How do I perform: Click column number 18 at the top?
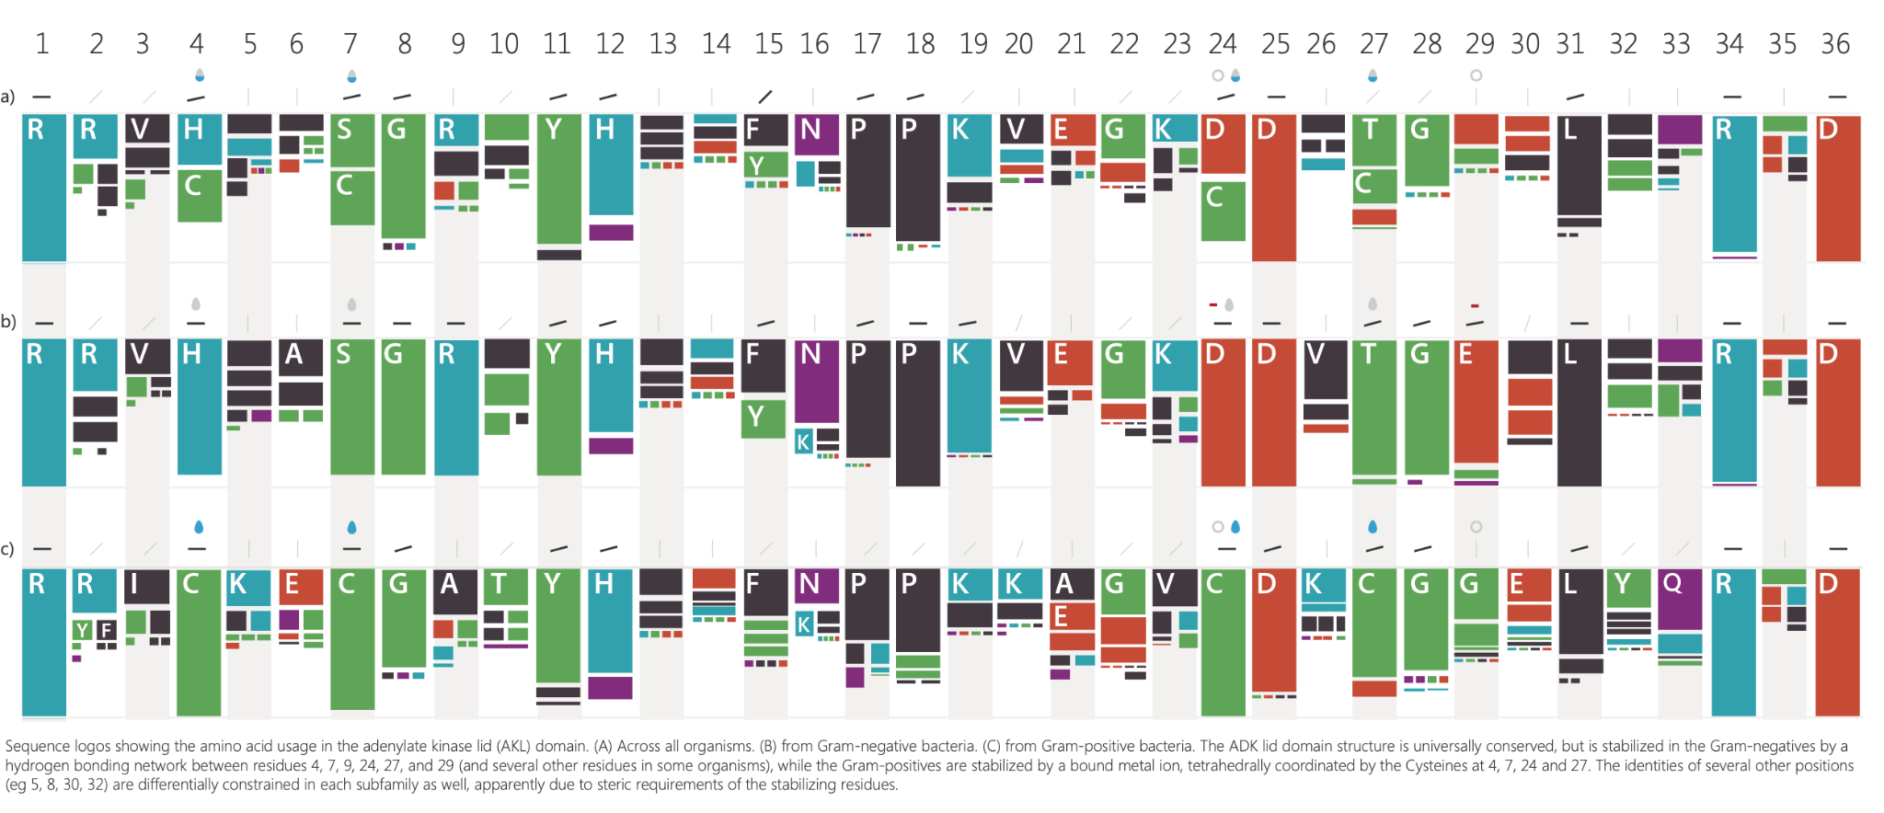coord(920,43)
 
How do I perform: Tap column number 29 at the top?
coord(1479,43)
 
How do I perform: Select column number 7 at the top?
coord(350,43)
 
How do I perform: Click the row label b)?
coord(8,322)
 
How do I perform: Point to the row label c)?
coord(8,549)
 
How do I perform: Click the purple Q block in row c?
coord(1680,599)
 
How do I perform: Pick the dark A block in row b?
coord(301,358)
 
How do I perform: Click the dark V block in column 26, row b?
coord(1326,368)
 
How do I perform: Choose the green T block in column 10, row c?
coord(506,586)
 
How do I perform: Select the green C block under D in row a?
coord(1223,211)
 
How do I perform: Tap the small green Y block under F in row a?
coord(765,165)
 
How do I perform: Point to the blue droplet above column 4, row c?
coord(198,527)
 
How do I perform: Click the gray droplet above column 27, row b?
coord(1373,303)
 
